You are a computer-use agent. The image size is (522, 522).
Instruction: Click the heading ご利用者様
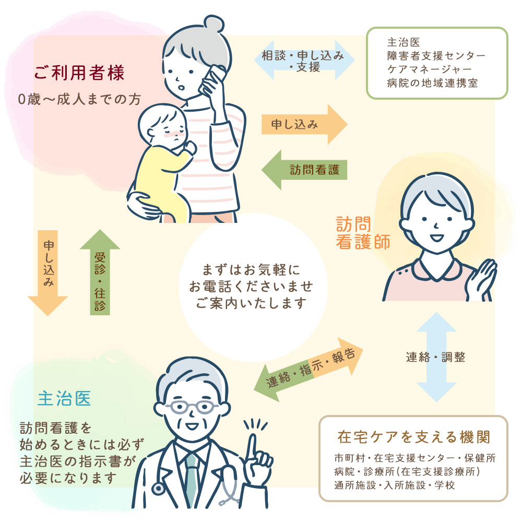79,73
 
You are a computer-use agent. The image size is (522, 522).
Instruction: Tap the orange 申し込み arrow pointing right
303,124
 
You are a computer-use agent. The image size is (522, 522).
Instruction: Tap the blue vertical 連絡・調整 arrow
436,357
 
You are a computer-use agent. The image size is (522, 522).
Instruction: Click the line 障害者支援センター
436,55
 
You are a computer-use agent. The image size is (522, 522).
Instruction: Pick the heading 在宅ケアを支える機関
413,435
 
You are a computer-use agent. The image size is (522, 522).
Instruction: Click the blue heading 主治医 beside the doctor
64,399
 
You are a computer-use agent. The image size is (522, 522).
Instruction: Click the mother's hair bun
213,23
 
